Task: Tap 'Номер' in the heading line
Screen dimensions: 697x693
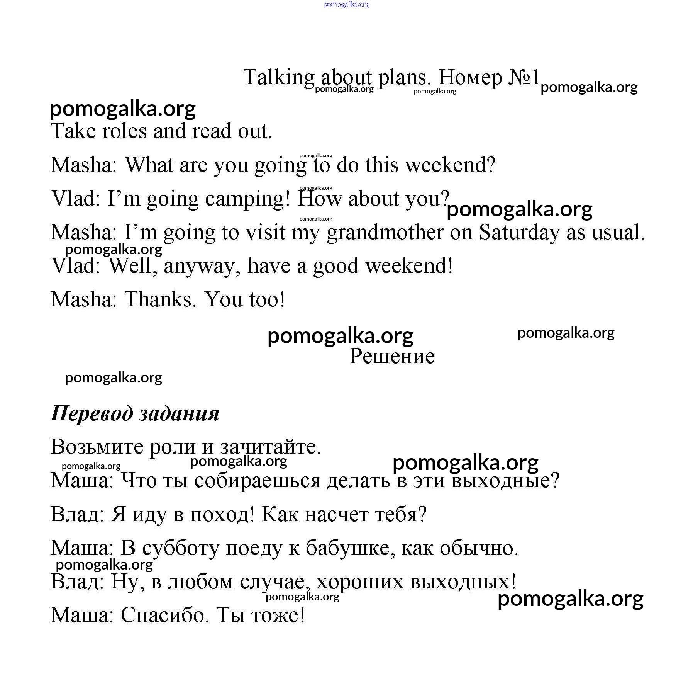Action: (x=470, y=78)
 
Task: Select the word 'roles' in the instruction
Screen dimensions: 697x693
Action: (x=125, y=131)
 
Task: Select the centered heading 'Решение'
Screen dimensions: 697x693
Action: (x=392, y=356)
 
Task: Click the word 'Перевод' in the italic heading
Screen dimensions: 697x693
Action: (x=91, y=413)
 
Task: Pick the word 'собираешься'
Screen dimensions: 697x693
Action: (x=258, y=481)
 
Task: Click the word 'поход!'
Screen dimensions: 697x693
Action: (x=222, y=515)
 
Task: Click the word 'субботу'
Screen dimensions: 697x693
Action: (x=180, y=548)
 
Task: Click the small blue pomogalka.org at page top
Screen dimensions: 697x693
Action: (x=347, y=4)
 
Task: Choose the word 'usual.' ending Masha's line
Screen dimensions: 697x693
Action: (x=618, y=233)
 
